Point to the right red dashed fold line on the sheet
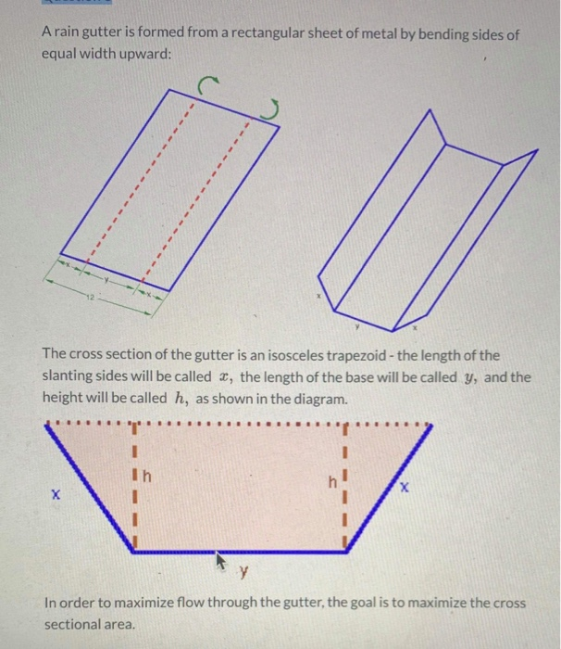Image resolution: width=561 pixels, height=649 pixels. (196, 199)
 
